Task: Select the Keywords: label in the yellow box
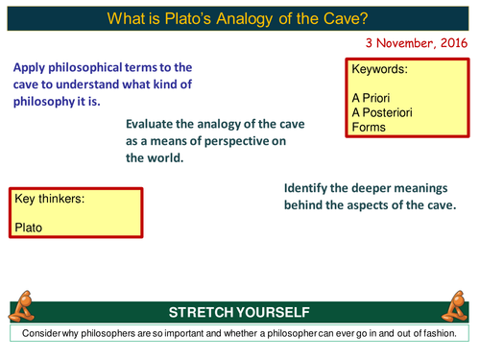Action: coord(380,70)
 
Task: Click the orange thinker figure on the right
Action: coord(455,306)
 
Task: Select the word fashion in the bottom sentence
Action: coord(445,332)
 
